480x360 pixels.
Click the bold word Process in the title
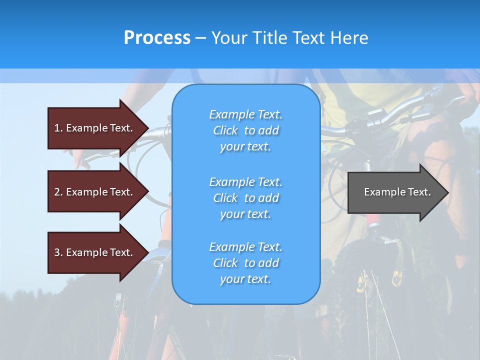coord(157,38)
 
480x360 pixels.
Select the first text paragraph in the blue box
coord(245,130)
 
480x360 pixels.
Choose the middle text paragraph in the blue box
coord(245,198)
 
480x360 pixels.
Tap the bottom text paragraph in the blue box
coord(245,263)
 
